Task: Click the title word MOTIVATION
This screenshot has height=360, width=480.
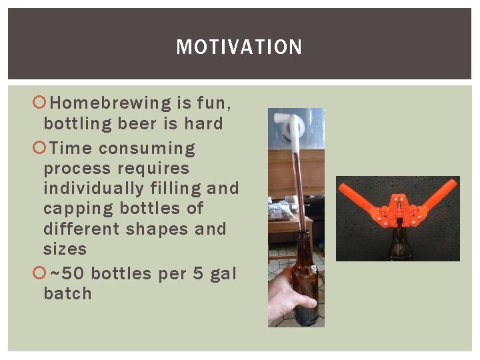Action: pos(239,47)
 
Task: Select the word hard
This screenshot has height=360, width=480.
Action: pos(203,123)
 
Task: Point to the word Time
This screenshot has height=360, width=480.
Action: pos(73,148)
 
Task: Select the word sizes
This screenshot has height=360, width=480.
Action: pos(65,249)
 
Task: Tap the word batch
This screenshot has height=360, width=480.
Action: pos(67,294)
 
